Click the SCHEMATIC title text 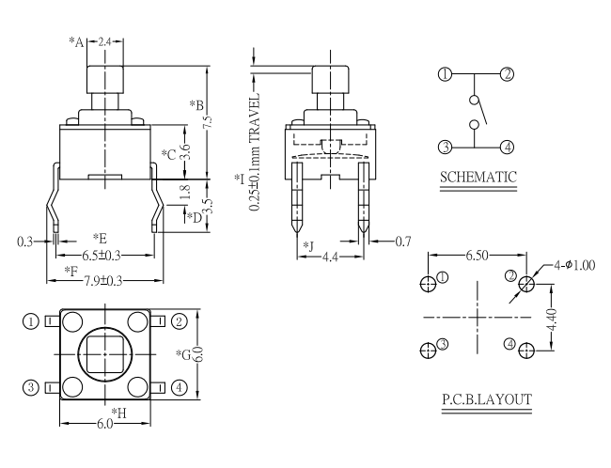[x=478, y=177]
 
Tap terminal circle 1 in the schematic [x=446, y=74]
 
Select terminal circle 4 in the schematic [x=507, y=146]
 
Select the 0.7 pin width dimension [x=403, y=242]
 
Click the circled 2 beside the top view [x=179, y=321]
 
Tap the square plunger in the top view [x=104, y=354]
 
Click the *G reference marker [x=184, y=353]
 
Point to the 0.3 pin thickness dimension [x=25, y=242]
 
